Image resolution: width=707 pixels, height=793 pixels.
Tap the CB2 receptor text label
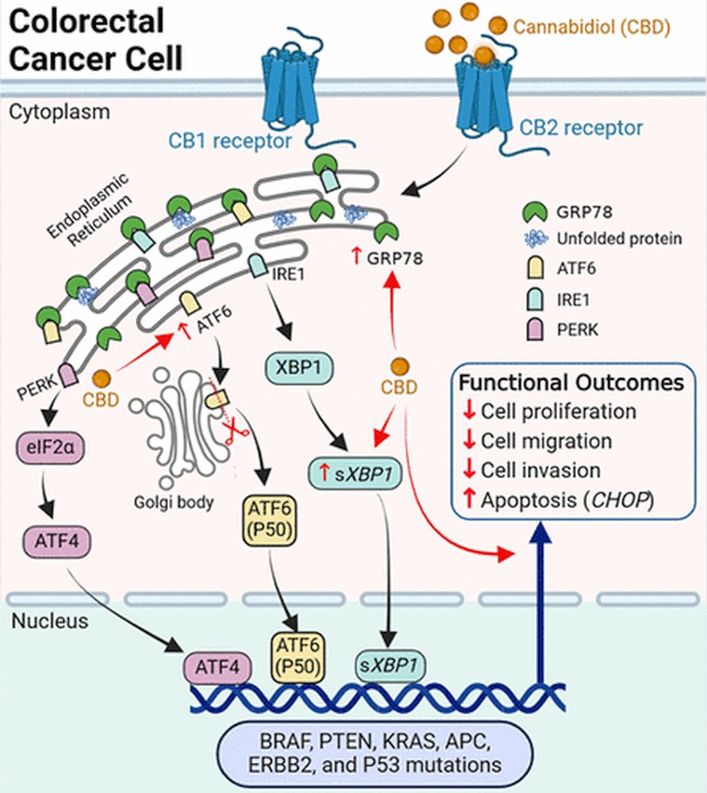581,126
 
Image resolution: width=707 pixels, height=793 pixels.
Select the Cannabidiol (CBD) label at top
592,28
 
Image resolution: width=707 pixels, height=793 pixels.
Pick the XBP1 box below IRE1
297,369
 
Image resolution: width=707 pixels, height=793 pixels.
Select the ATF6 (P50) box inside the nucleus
296,656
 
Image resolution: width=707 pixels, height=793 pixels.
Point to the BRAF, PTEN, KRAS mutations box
376,753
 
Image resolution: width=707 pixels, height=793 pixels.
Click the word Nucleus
50,622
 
